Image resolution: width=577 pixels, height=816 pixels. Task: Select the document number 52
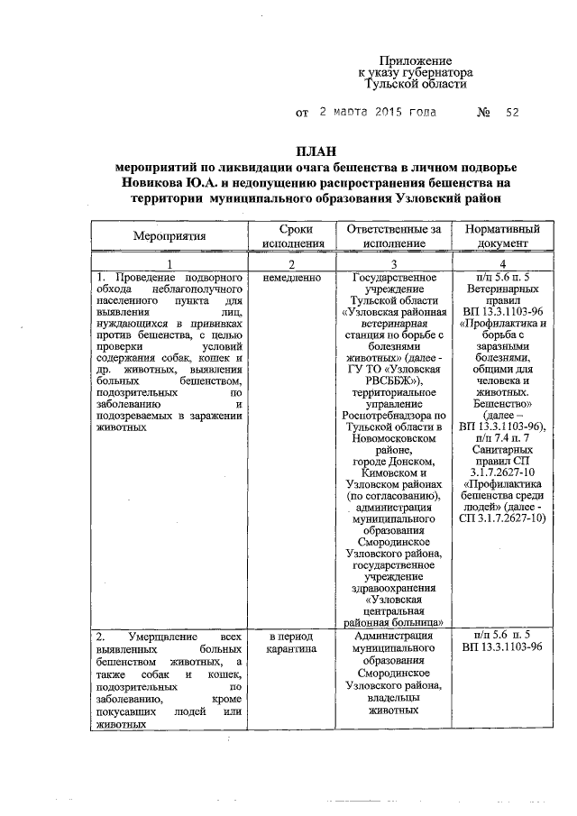pyautogui.click(x=513, y=114)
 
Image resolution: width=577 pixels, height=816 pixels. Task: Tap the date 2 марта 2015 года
pyautogui.click(x=379, y=114)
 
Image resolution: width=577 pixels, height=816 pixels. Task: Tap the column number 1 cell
pyautogui.click(x=169, y=261)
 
